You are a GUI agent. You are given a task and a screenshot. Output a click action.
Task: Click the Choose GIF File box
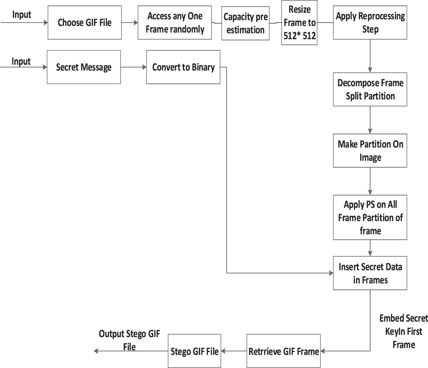coord(85,23)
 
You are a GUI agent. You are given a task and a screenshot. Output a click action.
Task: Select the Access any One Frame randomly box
coord(175,23)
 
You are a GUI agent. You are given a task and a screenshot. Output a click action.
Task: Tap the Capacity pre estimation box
coord(245,23)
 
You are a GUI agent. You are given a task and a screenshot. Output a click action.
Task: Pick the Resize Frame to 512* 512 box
coord(299,23)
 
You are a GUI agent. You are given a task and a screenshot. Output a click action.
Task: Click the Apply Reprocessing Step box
coord(370,23)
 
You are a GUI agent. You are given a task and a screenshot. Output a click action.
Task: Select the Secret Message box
coord(84,67)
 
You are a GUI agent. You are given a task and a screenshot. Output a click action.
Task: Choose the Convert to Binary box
coord(183,67)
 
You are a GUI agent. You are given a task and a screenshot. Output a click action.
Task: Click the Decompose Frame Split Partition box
coord(370,89)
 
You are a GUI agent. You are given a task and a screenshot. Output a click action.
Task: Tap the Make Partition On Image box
coord(370,150)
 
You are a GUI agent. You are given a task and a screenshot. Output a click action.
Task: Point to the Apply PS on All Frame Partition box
coord(370,217)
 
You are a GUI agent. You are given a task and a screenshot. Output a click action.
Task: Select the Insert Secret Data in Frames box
coord(370,273)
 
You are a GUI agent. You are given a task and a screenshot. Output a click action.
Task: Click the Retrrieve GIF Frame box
coord(284,351)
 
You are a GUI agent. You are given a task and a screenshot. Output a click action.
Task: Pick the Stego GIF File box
coord(194,351)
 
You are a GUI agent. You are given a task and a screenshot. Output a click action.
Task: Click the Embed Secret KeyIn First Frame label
coord(404,331)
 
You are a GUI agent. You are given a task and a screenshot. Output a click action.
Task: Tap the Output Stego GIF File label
coord(129,340)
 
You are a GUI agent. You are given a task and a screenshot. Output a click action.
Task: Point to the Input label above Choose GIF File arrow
coord(22,15)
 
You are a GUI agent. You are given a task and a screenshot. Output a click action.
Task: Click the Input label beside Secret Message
coord(21,61)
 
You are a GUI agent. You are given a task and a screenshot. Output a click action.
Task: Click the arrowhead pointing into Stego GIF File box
coord(223,351)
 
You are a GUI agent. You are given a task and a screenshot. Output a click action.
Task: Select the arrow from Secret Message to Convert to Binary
coord(134,67)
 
